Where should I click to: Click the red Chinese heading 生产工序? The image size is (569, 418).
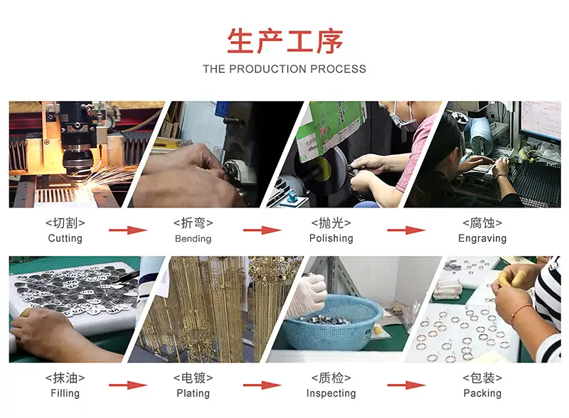[285, 41]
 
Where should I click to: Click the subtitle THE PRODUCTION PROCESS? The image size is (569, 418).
[284, 69]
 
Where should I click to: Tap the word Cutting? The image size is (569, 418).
[65, 238]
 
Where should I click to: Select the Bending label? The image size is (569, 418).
[193, 238]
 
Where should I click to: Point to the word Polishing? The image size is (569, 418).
[331, 238]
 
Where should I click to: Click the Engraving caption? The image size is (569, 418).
[482, 238]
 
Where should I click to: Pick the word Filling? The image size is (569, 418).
[65, 393]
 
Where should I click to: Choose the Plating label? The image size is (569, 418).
[193, 393]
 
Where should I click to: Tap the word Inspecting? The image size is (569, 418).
[331, 393]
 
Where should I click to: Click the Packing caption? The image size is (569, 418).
[482, 393]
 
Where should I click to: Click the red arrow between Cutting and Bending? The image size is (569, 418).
[128, 230]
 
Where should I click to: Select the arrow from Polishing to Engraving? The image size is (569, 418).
[406, 230]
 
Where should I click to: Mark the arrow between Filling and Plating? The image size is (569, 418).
[128, 385]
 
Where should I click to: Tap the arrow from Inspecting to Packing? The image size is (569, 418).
[406, 385]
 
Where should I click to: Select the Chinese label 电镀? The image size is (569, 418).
[193, 377]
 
